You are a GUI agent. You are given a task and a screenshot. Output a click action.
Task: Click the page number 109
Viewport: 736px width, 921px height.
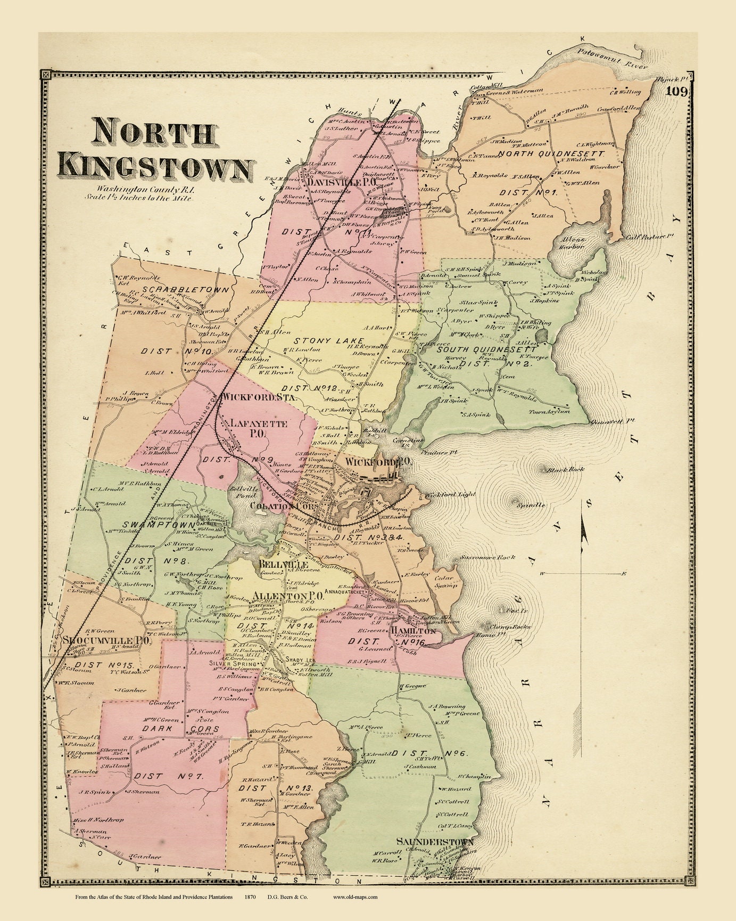(x=677, y=92)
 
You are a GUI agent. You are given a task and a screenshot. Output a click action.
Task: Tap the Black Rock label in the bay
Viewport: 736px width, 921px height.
(x=566, y=469)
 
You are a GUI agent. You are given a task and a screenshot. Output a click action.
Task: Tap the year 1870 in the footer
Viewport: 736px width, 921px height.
(x=250, y=896)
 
